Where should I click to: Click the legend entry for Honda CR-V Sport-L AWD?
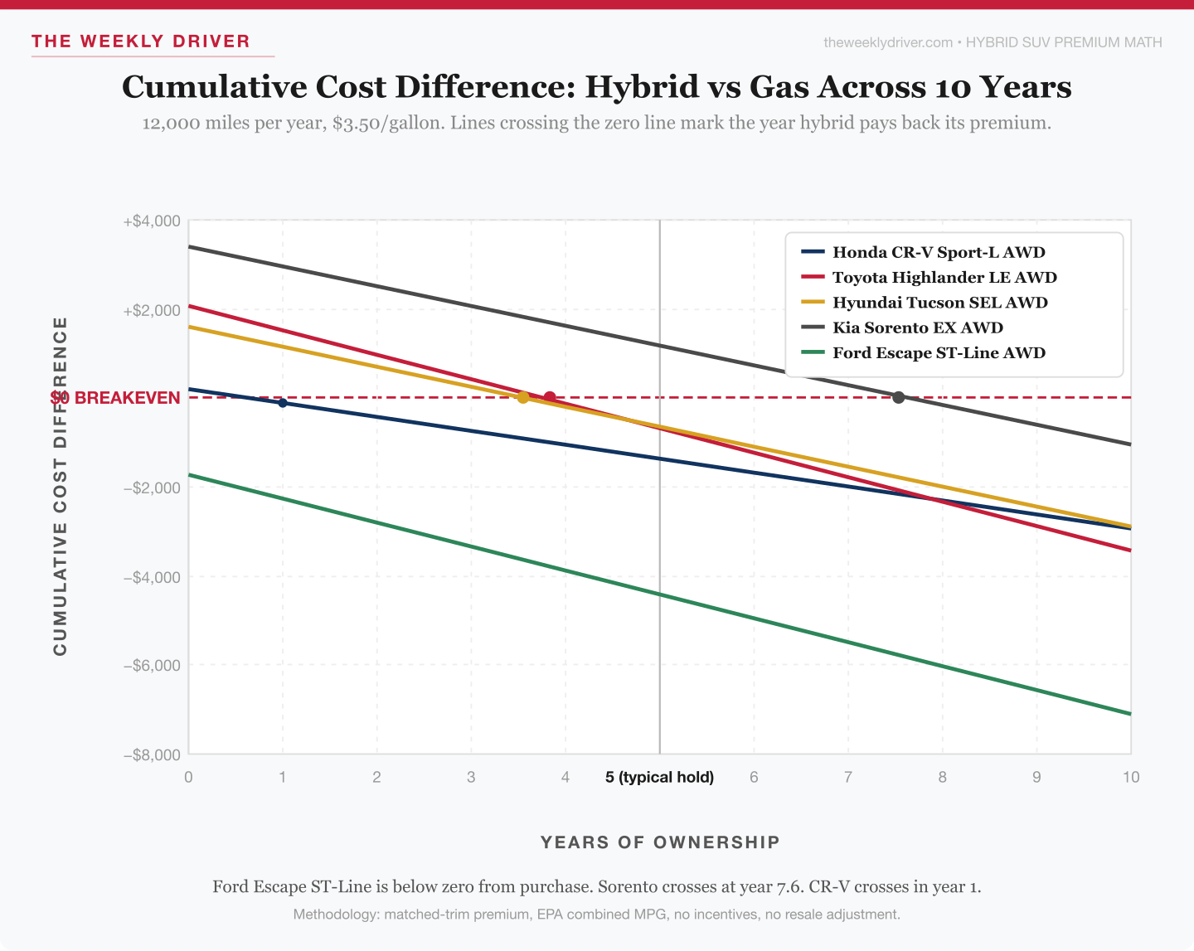pos(938,252)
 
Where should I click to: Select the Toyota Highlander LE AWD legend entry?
pos(944,278)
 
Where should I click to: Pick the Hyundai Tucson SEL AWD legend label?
pos(939,303)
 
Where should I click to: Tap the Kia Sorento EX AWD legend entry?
pos(917,328)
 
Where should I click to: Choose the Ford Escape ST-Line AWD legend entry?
pos(938,353)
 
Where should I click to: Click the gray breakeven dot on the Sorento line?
pos(898,398)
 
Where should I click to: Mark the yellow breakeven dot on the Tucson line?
pos(522,398)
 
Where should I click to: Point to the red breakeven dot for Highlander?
pos(549,397)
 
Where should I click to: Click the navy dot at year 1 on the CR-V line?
pos(283,403)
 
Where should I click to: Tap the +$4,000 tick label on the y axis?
pos(152,221)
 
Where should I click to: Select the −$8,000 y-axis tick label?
pos(152,754)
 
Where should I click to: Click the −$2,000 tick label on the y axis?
pos(152,488)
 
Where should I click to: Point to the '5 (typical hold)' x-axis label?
pos(659,777)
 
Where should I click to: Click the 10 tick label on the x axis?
pos(1130,777)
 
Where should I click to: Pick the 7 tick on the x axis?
pos(847,777)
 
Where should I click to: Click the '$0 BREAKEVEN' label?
pos(116,398)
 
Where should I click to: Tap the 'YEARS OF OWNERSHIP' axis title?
pos(660,842)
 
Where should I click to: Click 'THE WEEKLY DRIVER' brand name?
pos(141,41)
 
